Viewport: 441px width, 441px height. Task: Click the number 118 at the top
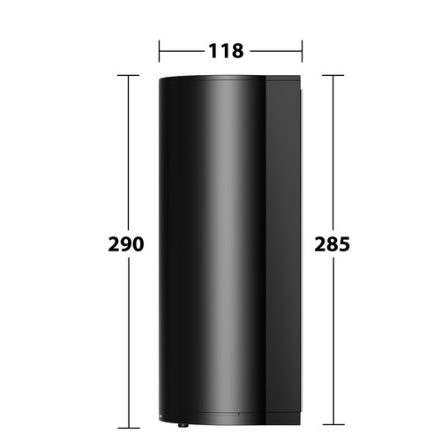tap(226, 51)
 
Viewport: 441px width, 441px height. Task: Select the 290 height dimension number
tap(126, 244)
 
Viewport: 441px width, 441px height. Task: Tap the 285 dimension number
tap(333, 244)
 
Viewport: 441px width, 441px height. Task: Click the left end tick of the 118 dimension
tap(159, 51)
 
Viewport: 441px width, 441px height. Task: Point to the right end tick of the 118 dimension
tap(302, 51)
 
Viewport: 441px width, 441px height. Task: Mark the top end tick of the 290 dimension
tap(128, 75)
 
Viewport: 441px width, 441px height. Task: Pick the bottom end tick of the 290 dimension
tap(128, 428)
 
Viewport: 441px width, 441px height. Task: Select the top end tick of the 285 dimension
tap(333, 75)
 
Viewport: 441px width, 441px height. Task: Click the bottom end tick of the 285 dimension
tap(333, 424)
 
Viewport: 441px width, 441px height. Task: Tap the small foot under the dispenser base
tap(183, 425)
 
